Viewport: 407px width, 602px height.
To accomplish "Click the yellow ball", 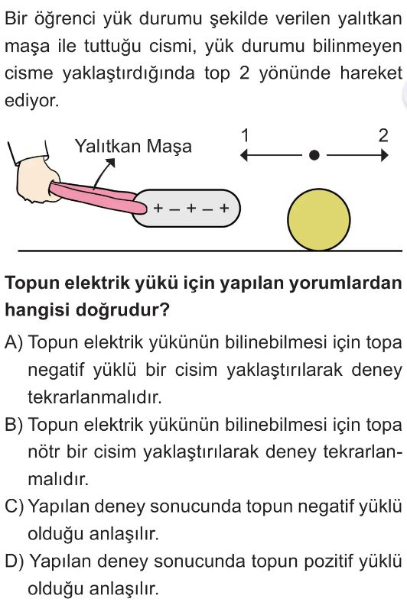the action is [x=318, y=219].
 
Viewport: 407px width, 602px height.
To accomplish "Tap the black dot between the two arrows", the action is [x=314, y=155].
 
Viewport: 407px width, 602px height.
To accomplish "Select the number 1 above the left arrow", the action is [x=245, y=135].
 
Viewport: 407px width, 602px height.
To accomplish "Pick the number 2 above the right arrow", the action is [x=383, y=135].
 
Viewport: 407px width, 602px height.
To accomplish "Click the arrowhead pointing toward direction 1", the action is [x=243, y=156].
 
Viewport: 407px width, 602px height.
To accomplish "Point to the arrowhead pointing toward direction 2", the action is [x=384, y=156].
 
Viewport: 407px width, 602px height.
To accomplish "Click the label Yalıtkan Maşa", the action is [x=133, y=147].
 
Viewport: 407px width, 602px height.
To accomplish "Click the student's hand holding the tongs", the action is [x=37, y=180].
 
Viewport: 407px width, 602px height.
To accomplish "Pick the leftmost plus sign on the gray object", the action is [x=158, y=208].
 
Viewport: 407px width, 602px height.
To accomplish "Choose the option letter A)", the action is [x=14, y=342].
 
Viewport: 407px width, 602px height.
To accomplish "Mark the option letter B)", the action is [x=14, y=425].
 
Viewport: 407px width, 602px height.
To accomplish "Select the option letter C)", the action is [x=15, y=507].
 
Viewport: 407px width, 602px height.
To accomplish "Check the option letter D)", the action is [x=15, y=562].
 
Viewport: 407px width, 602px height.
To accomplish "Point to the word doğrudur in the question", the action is [x=122, y=309].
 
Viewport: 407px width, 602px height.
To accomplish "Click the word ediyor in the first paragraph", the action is [x=32, y=101].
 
